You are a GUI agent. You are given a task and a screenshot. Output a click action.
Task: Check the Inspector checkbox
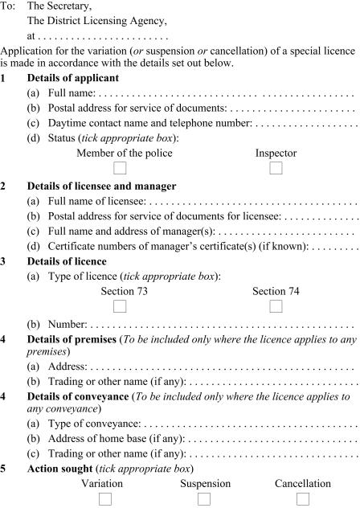[x=276, y=168]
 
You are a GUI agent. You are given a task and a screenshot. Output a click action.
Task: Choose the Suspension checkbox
[x=205, y=499]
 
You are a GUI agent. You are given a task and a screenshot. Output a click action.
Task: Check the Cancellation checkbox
[x=303, y=499]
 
